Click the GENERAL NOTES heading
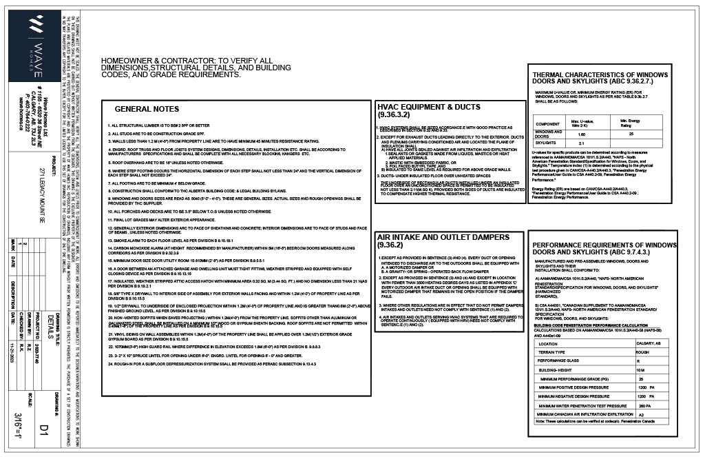tap(147, 109)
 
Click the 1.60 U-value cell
tap(582, 134)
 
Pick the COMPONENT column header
tap(548, 124)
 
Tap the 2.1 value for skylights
tap(582, 143)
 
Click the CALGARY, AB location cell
tap(649, 343)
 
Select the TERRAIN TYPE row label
tap(556, 352)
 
